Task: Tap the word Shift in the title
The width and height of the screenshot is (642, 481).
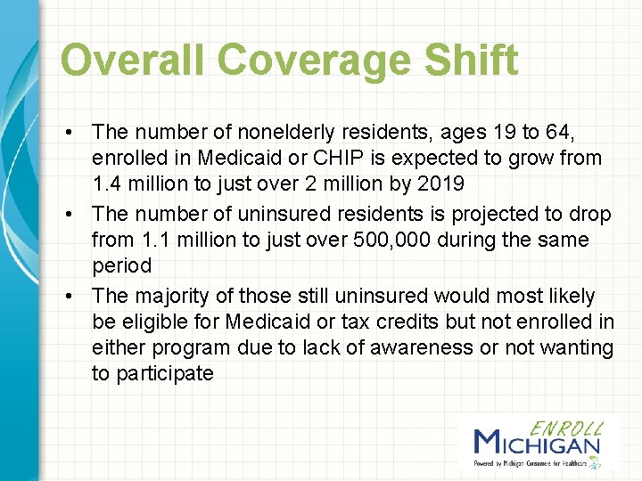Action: pyautogui.click(x=473, y=61)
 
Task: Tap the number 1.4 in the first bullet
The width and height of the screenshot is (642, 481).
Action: pyautogui.click(x=107, y=185)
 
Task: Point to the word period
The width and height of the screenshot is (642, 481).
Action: pyautogui.click(x=121, y=266)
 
